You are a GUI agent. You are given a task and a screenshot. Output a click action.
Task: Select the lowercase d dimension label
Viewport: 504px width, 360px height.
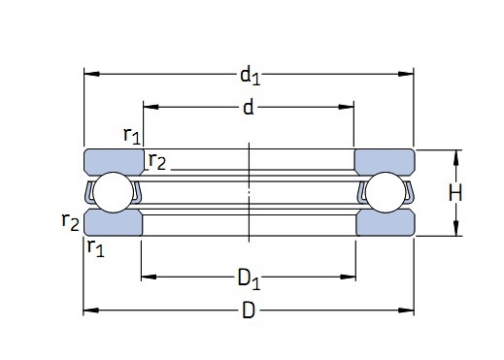249,107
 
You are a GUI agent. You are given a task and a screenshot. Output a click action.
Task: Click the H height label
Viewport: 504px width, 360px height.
454,193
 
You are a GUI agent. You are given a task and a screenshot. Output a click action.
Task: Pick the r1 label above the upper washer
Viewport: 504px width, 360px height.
132,136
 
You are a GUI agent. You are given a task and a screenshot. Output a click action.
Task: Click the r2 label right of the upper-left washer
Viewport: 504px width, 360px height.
156,162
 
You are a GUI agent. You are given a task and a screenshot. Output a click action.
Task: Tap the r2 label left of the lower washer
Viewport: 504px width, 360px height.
70,222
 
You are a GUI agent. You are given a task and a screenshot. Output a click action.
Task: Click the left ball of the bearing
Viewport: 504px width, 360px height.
114,193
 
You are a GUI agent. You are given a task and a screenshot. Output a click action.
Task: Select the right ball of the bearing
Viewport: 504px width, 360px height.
385,193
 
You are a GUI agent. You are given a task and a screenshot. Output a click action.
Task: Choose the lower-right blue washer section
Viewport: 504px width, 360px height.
385,224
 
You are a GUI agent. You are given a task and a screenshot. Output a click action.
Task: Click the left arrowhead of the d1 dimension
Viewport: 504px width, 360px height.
89,73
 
